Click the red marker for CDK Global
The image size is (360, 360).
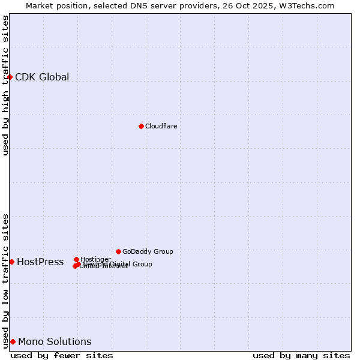(10, 77)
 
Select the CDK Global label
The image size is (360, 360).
(42, 77)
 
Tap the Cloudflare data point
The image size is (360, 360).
(141, 126)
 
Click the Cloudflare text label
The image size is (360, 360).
(161, 126)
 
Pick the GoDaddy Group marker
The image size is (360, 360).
(118, 251)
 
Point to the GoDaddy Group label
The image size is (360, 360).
(148, 251)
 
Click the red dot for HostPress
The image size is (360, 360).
(11, 262)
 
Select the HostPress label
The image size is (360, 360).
(40, 262)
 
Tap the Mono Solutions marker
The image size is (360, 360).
(13, 341)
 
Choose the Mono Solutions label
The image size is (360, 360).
(55, 341)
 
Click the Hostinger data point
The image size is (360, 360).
(76, 259)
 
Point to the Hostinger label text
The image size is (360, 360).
(95, 259)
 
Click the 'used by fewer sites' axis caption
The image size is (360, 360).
(62, 355)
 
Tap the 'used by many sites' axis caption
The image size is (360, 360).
(301, 355)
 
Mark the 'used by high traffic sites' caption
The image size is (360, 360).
(6, 85)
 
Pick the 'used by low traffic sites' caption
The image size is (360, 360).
(6, 281)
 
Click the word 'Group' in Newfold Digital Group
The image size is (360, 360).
(142, 264)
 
